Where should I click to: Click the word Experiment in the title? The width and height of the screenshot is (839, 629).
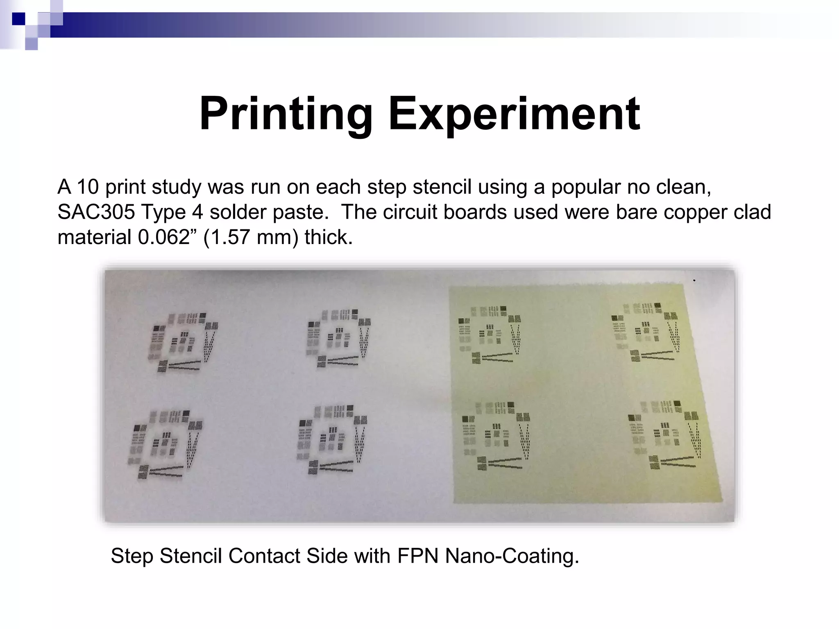514,113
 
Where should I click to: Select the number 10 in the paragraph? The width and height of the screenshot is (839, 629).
88,187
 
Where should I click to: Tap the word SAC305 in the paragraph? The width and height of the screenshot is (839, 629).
96,212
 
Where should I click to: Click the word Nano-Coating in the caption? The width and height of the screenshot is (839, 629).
512,556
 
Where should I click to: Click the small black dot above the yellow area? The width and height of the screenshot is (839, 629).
694,281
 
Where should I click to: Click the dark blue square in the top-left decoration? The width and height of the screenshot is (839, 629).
18,19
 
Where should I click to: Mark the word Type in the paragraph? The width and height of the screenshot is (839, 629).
164,212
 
